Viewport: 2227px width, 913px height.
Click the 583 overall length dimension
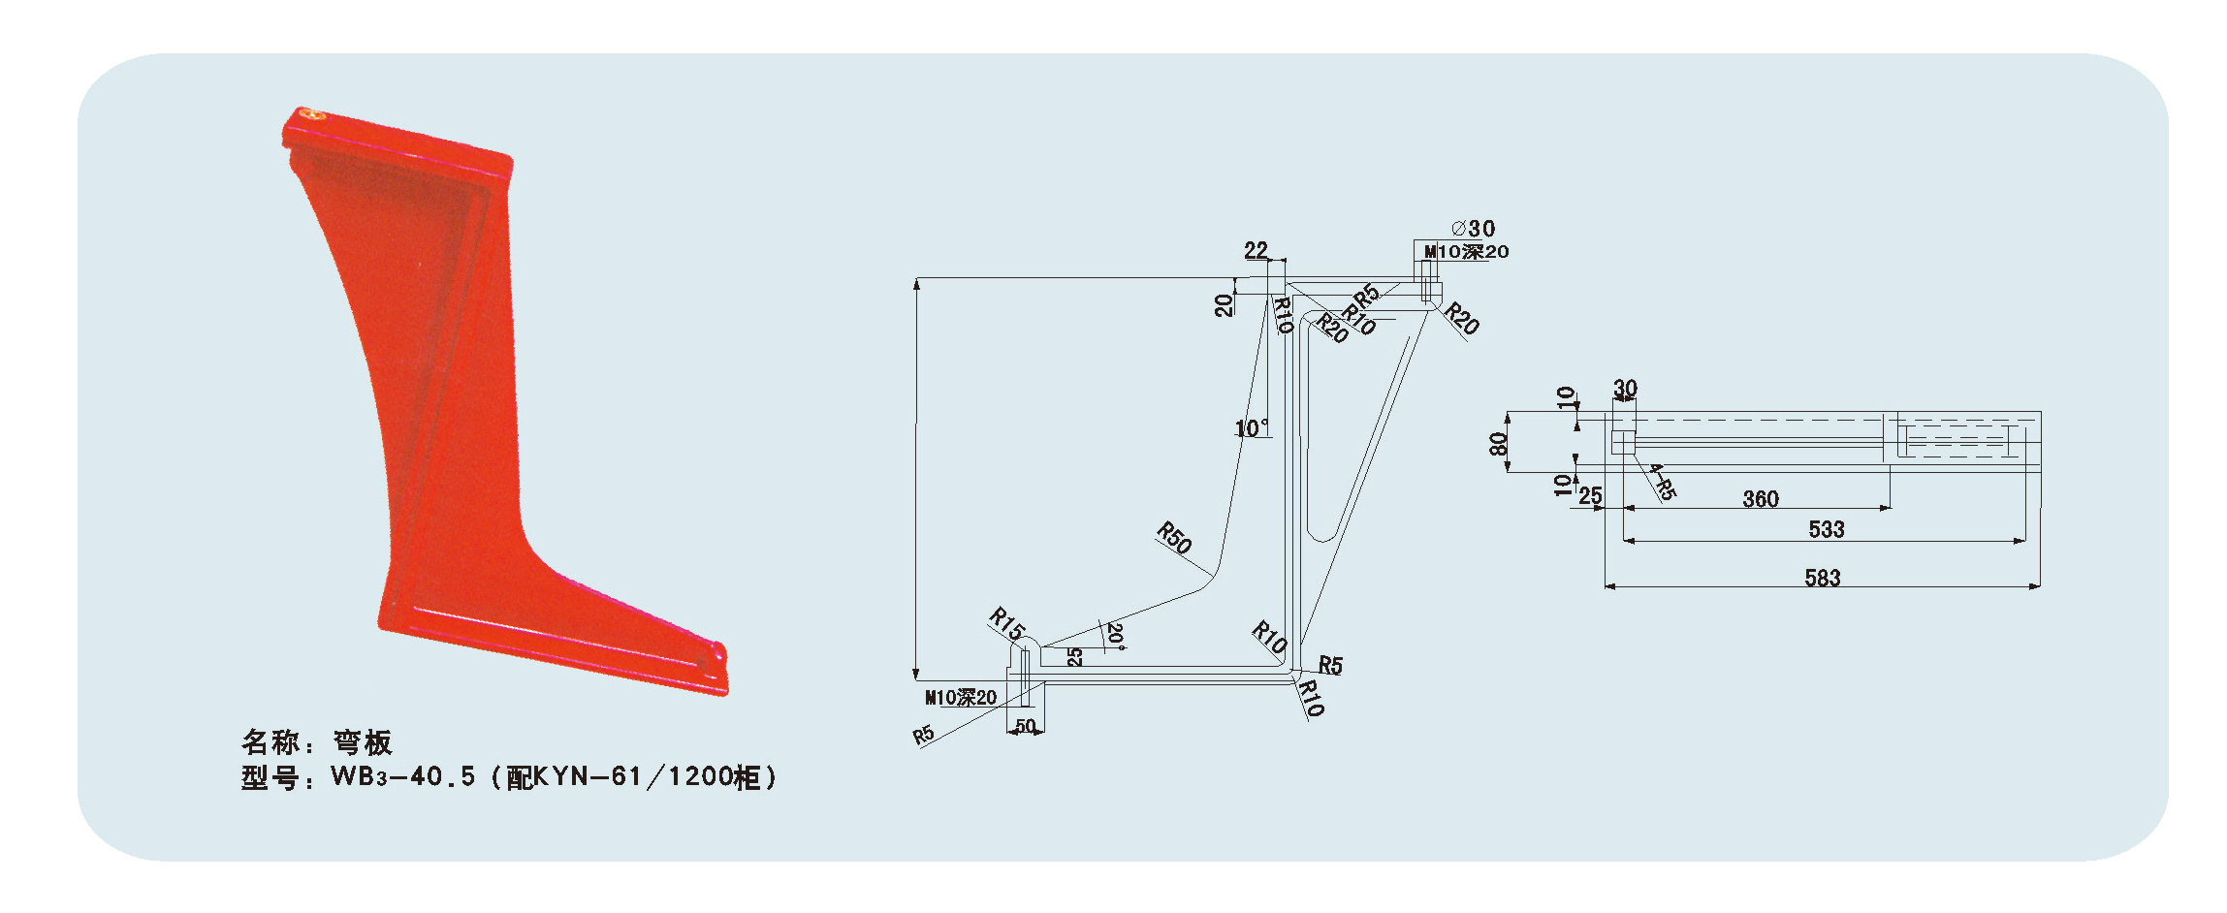[1822, 578]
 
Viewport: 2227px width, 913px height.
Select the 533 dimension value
[1826, 529]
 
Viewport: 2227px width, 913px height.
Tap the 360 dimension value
[1761, 498]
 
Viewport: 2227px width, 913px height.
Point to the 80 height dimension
[1498, 444]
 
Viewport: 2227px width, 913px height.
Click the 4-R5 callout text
[1662, 482]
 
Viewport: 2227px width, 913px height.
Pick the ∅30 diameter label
[1474, 229]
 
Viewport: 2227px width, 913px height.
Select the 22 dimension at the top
[1256, 250]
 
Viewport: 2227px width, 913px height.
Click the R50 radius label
[1174, 538]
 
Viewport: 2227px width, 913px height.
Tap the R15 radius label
[1006, 623]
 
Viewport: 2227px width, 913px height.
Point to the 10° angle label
[1251, 427]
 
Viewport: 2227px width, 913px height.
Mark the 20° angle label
[1116, 636]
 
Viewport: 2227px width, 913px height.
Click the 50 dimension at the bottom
[1025, 726]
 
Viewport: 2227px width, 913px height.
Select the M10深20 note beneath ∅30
[1466, 252]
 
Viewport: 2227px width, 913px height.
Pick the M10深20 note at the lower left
[961, 697]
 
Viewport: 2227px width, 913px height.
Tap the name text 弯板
[363, 742]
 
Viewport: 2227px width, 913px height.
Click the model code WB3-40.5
[403, 776]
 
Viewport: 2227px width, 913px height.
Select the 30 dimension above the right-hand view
[1625, 388]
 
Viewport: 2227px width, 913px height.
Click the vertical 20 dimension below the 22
[1224, 304]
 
